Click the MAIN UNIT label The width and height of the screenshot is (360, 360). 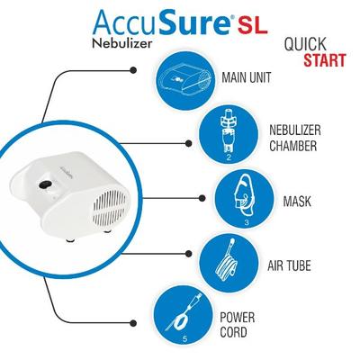(x=246, y=77)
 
